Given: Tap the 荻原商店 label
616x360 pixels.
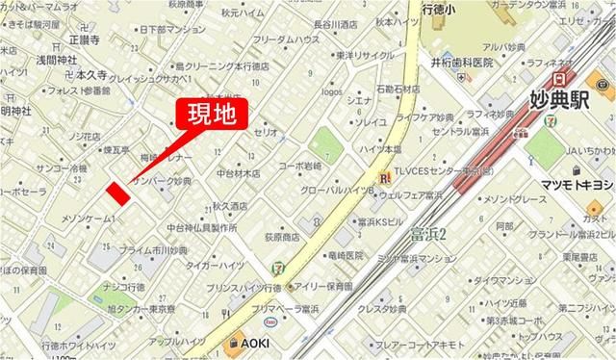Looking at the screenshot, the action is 279,236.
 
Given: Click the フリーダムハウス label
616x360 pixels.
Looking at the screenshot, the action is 286,40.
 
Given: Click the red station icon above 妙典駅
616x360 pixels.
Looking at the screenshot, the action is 559,77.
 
